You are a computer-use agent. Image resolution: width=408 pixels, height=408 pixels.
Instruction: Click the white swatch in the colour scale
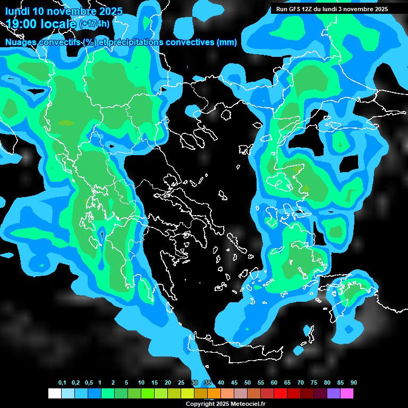point(54,394)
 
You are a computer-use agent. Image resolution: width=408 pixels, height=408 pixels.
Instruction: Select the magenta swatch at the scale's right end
point(346,394)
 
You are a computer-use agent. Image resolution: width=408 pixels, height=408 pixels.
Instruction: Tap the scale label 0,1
point(62,383)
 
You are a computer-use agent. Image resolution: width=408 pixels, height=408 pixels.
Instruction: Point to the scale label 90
point(353,383)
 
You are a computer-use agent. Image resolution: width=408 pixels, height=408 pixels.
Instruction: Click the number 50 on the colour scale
point(248,383)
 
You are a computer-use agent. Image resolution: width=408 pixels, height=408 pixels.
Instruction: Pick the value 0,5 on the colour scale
point(89,383)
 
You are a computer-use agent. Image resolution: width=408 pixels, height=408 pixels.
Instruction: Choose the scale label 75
point(313,383)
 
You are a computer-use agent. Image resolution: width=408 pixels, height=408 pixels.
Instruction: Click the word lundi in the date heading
point(18,11)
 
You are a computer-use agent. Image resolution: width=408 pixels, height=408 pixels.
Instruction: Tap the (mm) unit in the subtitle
point(226,42)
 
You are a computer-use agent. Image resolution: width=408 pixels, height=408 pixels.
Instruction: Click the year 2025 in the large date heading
point(109,11)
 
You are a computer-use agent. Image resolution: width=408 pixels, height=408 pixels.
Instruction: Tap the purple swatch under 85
point(333,394)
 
